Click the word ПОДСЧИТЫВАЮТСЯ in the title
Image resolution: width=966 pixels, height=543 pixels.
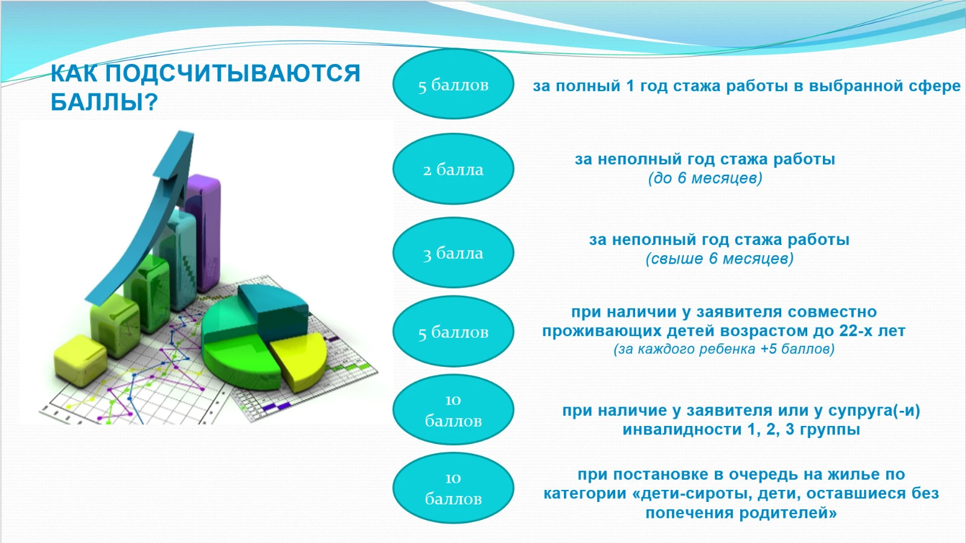232,73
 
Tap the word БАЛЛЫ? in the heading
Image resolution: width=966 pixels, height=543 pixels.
104,102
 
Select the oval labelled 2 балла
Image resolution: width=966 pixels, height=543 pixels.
453,168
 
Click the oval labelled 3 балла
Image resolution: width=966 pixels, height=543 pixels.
453,252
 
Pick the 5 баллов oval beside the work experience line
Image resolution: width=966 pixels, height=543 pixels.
453,84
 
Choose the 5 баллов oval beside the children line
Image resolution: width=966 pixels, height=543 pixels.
453,331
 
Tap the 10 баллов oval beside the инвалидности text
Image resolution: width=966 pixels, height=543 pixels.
453,410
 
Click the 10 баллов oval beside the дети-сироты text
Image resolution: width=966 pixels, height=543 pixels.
453,488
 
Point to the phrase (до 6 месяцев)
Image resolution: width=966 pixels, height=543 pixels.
705,178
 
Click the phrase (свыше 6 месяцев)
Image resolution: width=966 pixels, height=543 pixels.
719,259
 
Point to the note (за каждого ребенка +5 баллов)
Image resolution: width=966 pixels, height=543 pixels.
724,349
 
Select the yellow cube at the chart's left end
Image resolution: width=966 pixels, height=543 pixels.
80,360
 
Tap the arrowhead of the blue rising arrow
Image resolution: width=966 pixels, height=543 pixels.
178,155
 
